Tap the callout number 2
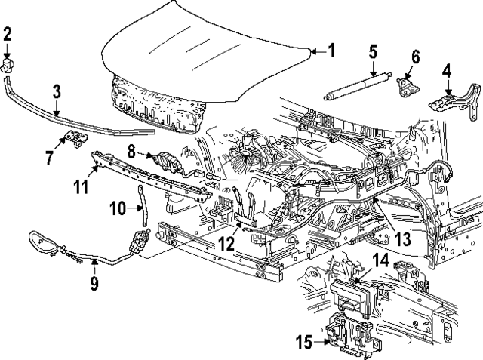(8, 34)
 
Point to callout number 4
(447, 72)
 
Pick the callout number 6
(415, 57)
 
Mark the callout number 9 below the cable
(95, 283)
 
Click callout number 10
(118, 207)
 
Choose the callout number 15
(303, 341)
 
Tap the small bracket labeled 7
(73, 137)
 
